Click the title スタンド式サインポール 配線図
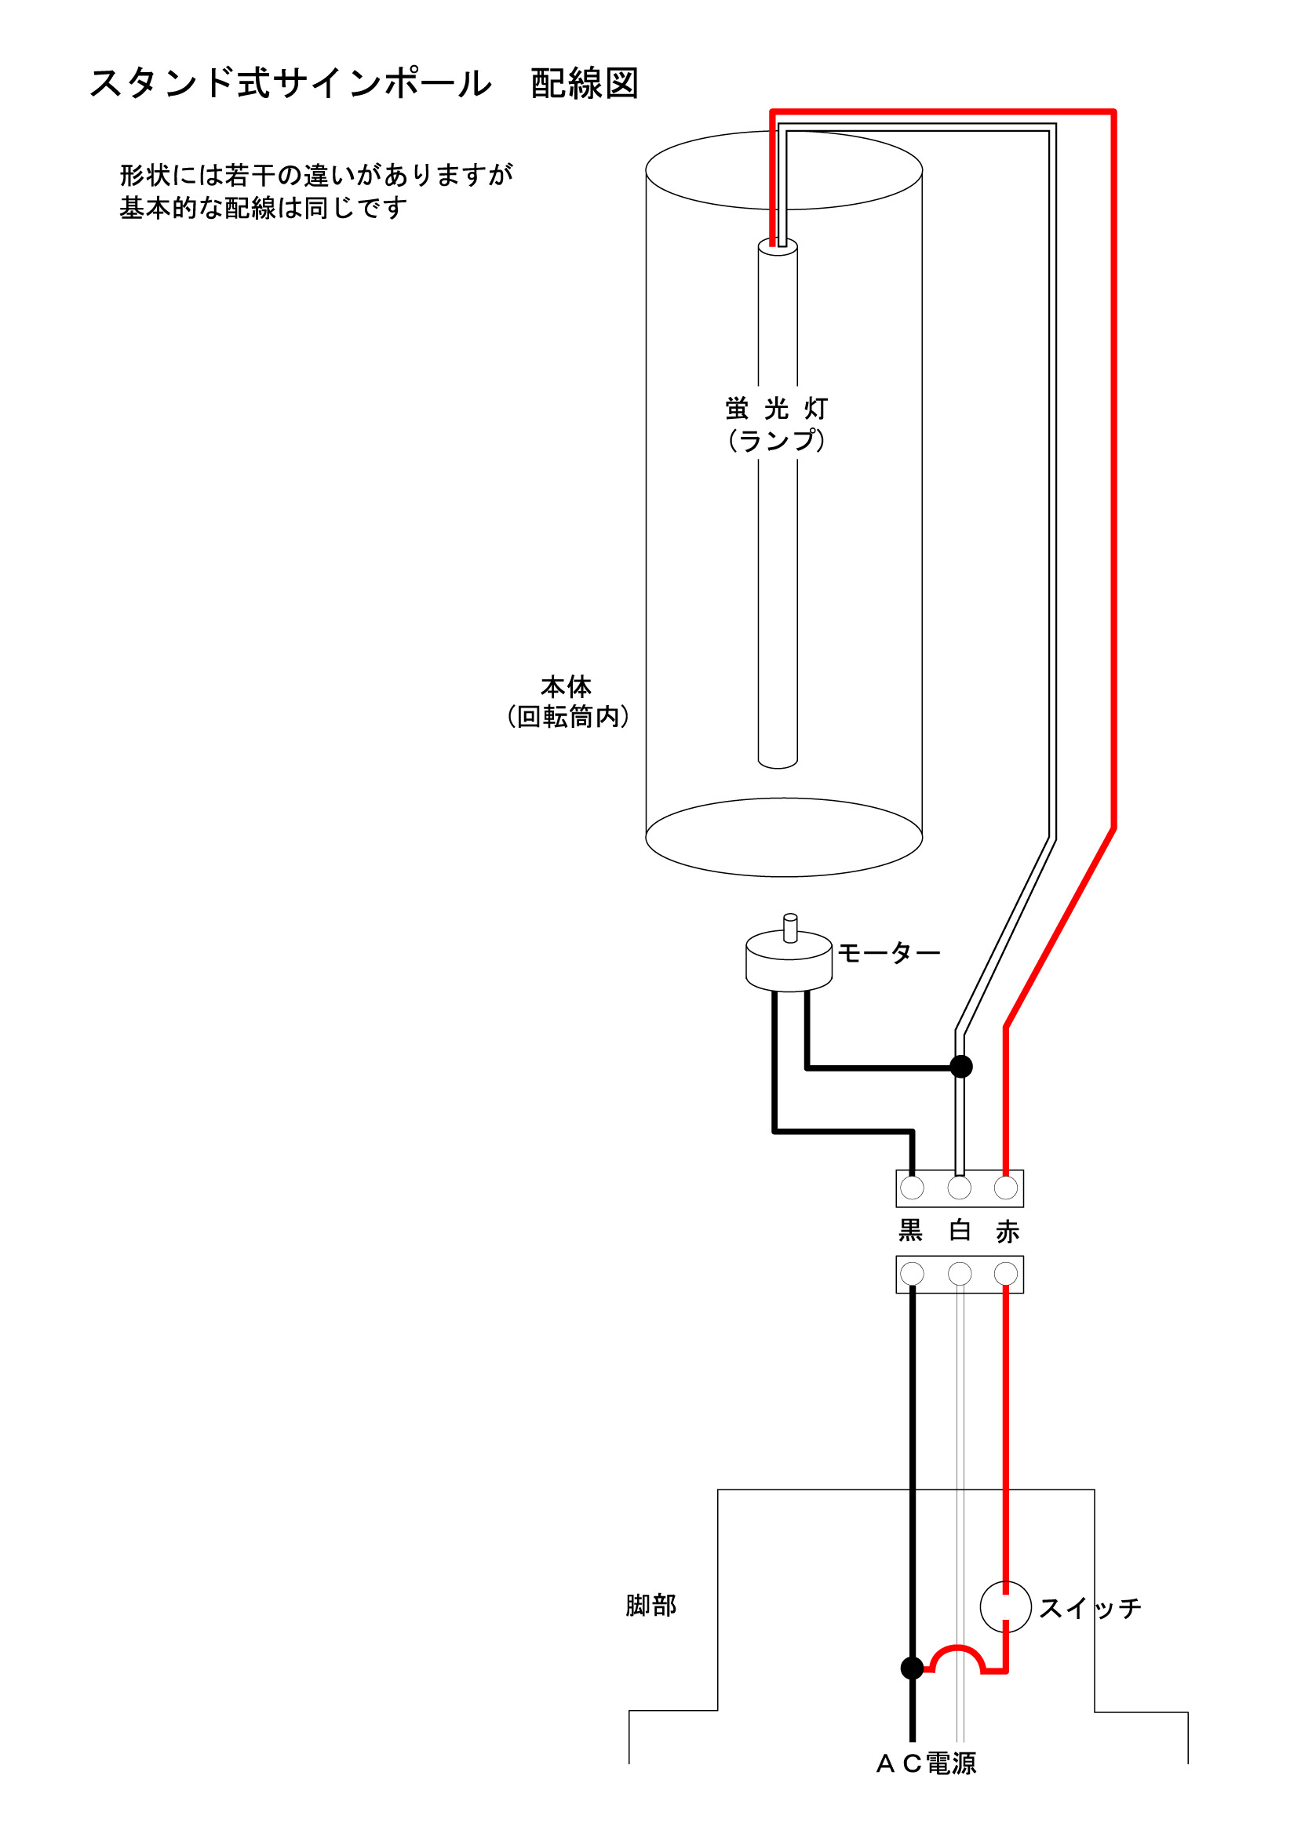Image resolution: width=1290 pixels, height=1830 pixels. pyautogui.click(x=363, y=84)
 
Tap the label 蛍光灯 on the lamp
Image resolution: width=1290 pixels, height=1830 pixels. pyautogui.click(x=776, y=409)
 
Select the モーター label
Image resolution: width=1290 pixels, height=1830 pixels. pyautogui.click(x=888, y=952)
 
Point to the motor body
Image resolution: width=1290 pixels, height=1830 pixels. pyautogui.click(x=789, y=967)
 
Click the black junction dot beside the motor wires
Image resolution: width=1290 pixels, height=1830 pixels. pyautogui.click(x=961, y=1067)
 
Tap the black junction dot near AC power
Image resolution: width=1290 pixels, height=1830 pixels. pyautogui.click(x=912, y=1668)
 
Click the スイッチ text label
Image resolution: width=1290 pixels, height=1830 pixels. pyautogui.click(x=1090, y=1609)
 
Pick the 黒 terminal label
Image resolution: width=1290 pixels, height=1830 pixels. pyautogui.click(x=910, y=1232)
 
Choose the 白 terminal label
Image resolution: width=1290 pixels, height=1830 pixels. pyautogui.click(x=960, y=1232)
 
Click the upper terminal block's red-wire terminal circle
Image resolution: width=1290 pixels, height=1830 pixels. pyautogui.click(x=1006, y=1188)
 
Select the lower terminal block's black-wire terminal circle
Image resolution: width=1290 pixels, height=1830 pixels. pyautogui.click(x=912, y=1274)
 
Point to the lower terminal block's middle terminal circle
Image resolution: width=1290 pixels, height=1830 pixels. pyautogui.click(x=960, y=1274)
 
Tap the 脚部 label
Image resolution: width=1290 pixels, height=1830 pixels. pyautogui.click(x=650, y=1605)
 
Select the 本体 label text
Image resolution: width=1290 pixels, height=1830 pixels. pyautogui.click(x=566, y=686)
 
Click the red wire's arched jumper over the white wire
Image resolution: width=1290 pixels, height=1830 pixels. pyautogui.click(x=959, y=1649)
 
